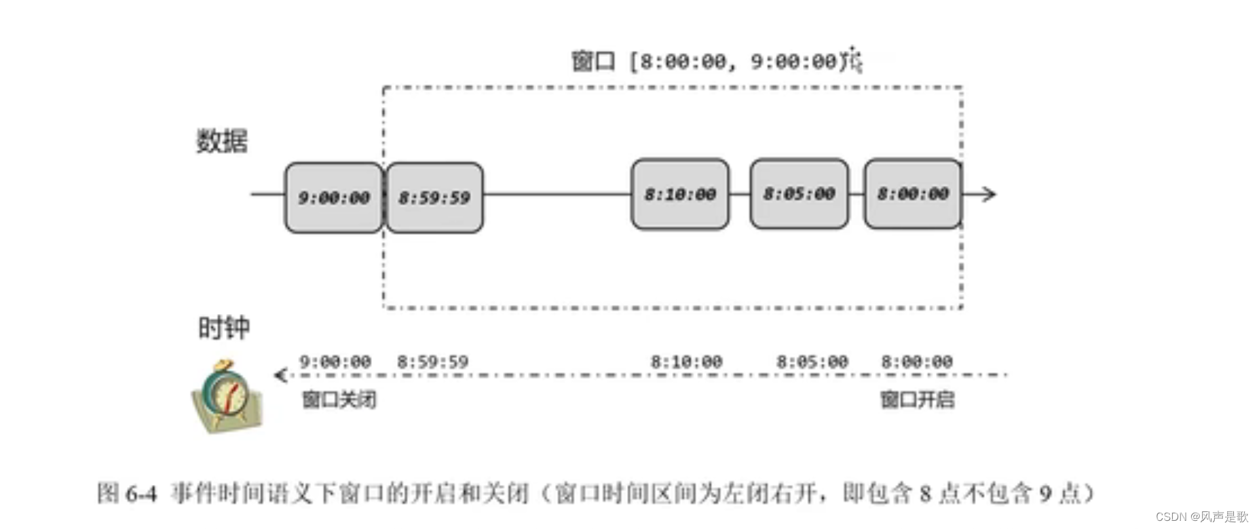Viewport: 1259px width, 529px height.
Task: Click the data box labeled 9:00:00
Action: pos(333,197)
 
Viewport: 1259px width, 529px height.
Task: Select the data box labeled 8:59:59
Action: pos(434,197)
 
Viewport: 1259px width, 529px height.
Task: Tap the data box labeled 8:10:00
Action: pos(680,194)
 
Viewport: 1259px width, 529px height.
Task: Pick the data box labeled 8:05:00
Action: pos(799,194)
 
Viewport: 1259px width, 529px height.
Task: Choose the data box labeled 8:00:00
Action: pos(913,194)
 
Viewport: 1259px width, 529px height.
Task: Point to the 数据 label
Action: pos(222,141)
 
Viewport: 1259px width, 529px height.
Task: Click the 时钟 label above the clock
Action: pos(224,328)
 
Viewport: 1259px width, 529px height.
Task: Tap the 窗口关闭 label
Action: pos(339,399)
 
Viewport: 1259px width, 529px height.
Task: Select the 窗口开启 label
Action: pos(917,399)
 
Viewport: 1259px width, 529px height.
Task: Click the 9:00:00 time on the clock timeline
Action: pos(335,361)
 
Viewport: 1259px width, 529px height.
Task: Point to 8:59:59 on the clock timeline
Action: pos(433,361)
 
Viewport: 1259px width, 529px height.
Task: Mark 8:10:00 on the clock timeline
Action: pos(686,361)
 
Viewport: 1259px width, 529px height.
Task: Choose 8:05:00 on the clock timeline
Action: pos(812,361)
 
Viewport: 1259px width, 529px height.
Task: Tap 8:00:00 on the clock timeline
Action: pos(917,361)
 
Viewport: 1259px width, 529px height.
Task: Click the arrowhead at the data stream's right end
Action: pos(990,195)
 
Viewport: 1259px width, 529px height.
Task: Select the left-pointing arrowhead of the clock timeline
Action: pos(280,374)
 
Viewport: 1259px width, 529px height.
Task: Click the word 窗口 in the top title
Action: pos(593,61)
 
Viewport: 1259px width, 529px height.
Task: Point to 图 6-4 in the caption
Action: pos(127,493)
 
